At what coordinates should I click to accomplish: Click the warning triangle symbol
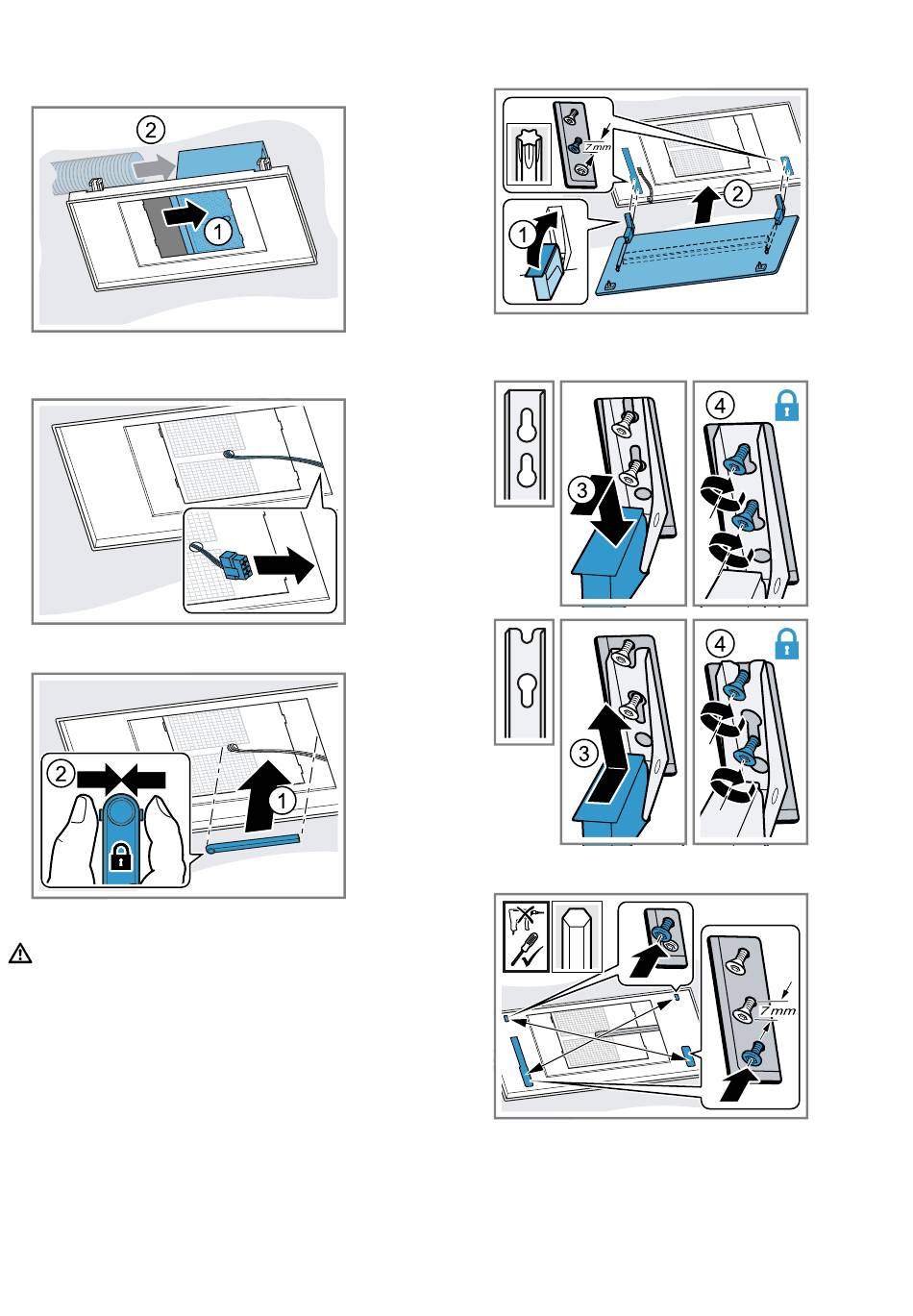point(20,955)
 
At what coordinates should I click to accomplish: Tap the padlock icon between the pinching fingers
point(119,858)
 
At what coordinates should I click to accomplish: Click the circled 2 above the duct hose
point(149,128)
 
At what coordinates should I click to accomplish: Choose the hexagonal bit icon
point(578,935)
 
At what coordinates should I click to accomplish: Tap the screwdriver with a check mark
point(527,953)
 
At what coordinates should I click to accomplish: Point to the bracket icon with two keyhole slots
point(525,443)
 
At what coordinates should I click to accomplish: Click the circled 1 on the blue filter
point(220,230)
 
